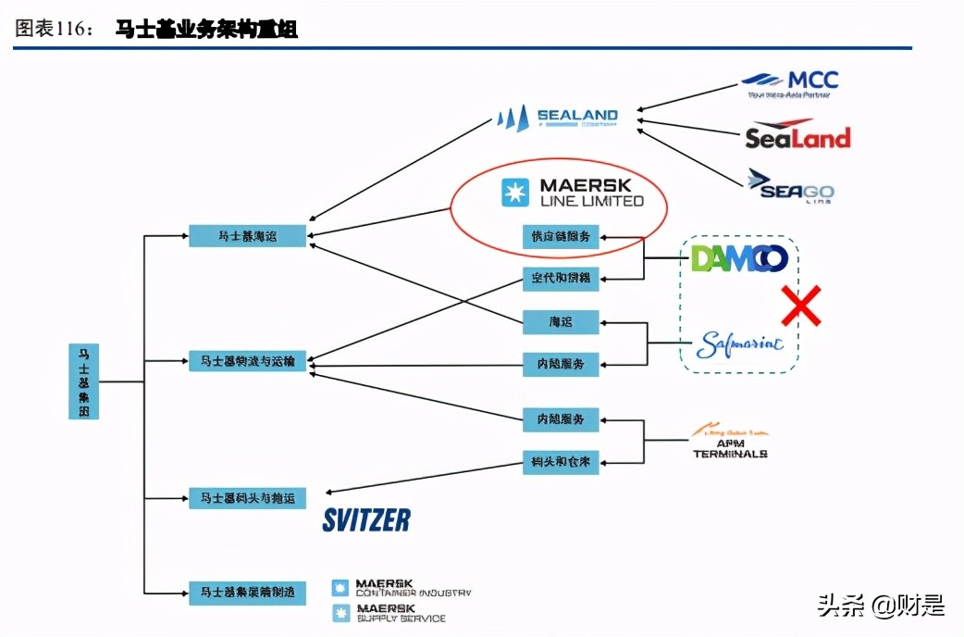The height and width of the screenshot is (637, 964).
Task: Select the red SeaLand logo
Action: [797, 135]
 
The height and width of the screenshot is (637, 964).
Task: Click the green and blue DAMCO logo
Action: [739, 258]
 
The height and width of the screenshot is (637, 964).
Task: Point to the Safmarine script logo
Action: [739, 344]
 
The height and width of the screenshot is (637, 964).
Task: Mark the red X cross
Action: [801, 306]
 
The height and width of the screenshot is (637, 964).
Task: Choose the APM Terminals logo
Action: [730, 443]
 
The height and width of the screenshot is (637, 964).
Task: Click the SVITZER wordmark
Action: [366, 520]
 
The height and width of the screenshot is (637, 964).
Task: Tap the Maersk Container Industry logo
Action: [402, 588]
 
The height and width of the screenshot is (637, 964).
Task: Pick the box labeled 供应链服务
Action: [561, 236]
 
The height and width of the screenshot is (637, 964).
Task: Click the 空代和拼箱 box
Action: [561, 278]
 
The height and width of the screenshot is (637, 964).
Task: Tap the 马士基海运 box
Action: [247, 236]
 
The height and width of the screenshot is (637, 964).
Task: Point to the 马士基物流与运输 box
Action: [247, 362]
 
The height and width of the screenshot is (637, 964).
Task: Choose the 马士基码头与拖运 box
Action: [247, 498]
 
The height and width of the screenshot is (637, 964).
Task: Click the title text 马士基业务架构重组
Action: [206, 30]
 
